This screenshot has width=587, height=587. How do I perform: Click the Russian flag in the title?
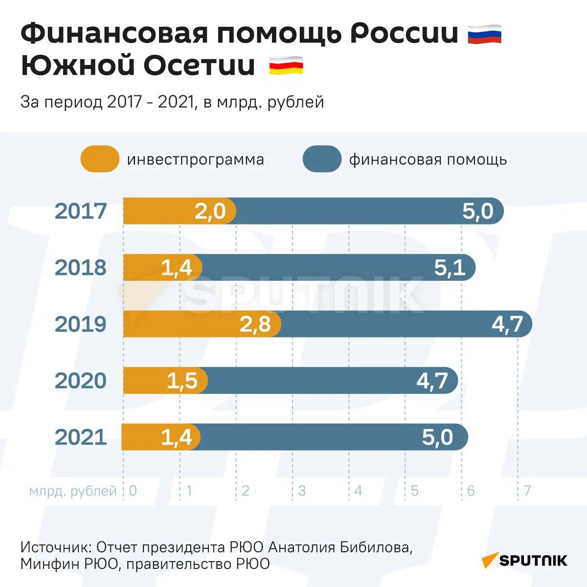(x=484, y=35)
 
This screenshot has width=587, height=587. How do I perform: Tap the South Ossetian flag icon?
(x=286, y=66)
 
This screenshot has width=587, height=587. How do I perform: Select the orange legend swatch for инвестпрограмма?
(x=100, y=159)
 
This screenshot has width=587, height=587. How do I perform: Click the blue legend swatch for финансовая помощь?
(x=321, y=159)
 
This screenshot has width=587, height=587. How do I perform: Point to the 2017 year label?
(x=80, y=211)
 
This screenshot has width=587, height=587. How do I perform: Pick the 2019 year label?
(x=80, y=324)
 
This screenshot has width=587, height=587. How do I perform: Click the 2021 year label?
(x=80, y=437)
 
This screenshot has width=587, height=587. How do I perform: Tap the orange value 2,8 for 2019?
(x=255, y=324)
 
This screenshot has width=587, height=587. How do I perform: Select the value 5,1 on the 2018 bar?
(x=450, y=268)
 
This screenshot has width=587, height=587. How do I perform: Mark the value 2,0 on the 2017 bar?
(x=210, y=211)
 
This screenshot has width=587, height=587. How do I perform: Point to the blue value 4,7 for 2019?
(x=507, y=324)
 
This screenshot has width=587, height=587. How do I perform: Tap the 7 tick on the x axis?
(x=527, y=491)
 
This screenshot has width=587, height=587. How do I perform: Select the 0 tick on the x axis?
(x=133, y=491)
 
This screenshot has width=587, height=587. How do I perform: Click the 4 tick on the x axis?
(x=358, y=491)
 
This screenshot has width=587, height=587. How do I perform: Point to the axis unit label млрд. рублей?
(x=73, y=491)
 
